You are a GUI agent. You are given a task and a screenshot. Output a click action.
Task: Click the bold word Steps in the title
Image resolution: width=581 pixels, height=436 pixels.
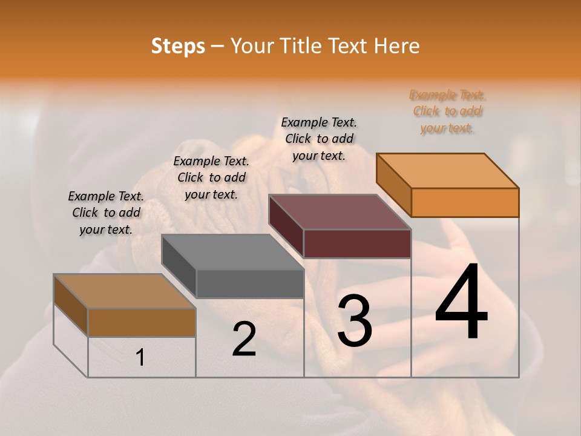(x=178, y=46)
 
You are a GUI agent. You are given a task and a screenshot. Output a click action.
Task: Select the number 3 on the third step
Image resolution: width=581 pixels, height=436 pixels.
(x=355, y=321)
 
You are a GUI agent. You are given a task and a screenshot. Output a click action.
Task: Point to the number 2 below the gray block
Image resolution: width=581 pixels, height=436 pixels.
(x=244, y=339)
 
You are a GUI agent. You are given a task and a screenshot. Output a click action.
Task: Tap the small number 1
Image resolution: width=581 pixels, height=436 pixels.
(x=140, y=358)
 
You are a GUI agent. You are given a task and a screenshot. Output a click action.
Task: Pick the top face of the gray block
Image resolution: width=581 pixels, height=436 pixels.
(x=232, y=252)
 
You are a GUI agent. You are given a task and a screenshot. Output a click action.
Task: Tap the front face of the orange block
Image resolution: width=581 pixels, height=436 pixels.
(x=465, y=202)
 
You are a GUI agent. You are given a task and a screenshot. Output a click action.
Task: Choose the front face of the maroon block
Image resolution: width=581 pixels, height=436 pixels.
(x=357, y=243)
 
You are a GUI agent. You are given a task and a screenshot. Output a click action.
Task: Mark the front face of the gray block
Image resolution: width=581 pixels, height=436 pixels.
(x=249, y=283)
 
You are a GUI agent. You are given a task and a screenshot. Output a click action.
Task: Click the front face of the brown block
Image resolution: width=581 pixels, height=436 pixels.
(x=142, y=322)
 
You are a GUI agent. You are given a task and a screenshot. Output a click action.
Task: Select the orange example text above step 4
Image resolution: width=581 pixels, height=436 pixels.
(x=447, y=111)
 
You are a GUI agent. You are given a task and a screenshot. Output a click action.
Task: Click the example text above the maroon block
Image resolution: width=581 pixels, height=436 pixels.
(x=319, y=139)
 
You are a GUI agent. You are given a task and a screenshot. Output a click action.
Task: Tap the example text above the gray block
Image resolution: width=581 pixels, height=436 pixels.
(x=211, y=177)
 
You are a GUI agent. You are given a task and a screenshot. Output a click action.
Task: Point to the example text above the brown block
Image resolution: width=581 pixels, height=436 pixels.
(x=106, y=213)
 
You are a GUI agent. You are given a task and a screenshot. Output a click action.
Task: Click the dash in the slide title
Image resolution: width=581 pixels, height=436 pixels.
(x=218, y=46)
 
